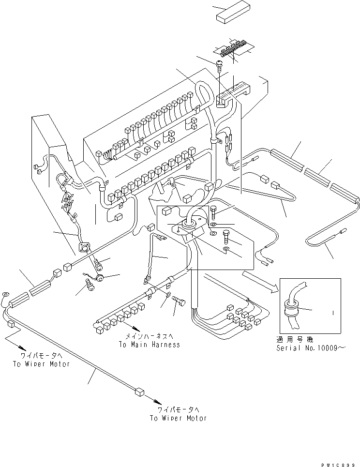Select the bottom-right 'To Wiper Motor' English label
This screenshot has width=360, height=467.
coord(178,418)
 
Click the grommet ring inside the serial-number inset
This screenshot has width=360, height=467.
coord(292,306)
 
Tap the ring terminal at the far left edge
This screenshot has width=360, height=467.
coord(5,294)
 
